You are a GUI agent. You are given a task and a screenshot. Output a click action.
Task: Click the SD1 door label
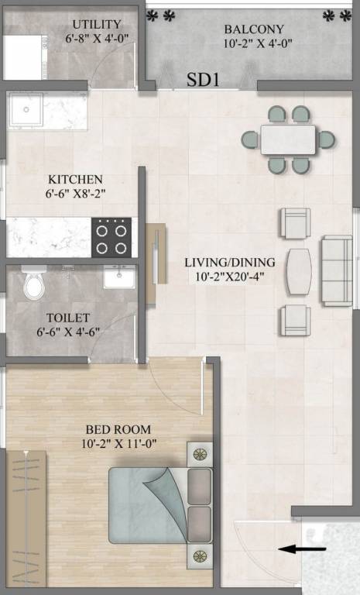tap(204, 79)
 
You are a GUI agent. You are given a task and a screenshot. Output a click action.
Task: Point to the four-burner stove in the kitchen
tap(111, 237)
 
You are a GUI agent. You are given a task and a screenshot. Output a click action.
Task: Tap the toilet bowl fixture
tap(33, 285)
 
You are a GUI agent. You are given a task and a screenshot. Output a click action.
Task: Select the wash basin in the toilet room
tap(118, 277)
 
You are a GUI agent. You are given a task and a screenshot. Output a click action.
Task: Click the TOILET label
tap(67, 318)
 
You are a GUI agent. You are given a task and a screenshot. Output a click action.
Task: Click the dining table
tap(288, 139)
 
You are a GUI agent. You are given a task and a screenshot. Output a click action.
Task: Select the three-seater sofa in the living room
tap(337, 271)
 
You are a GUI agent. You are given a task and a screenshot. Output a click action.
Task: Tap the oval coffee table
tap(297, 271)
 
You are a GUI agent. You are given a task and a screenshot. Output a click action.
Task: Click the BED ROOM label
tap(118, 429)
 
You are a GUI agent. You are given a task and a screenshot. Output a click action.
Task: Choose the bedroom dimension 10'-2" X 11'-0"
tap(118, 444)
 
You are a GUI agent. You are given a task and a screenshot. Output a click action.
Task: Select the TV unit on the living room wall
tap(156, 256)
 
